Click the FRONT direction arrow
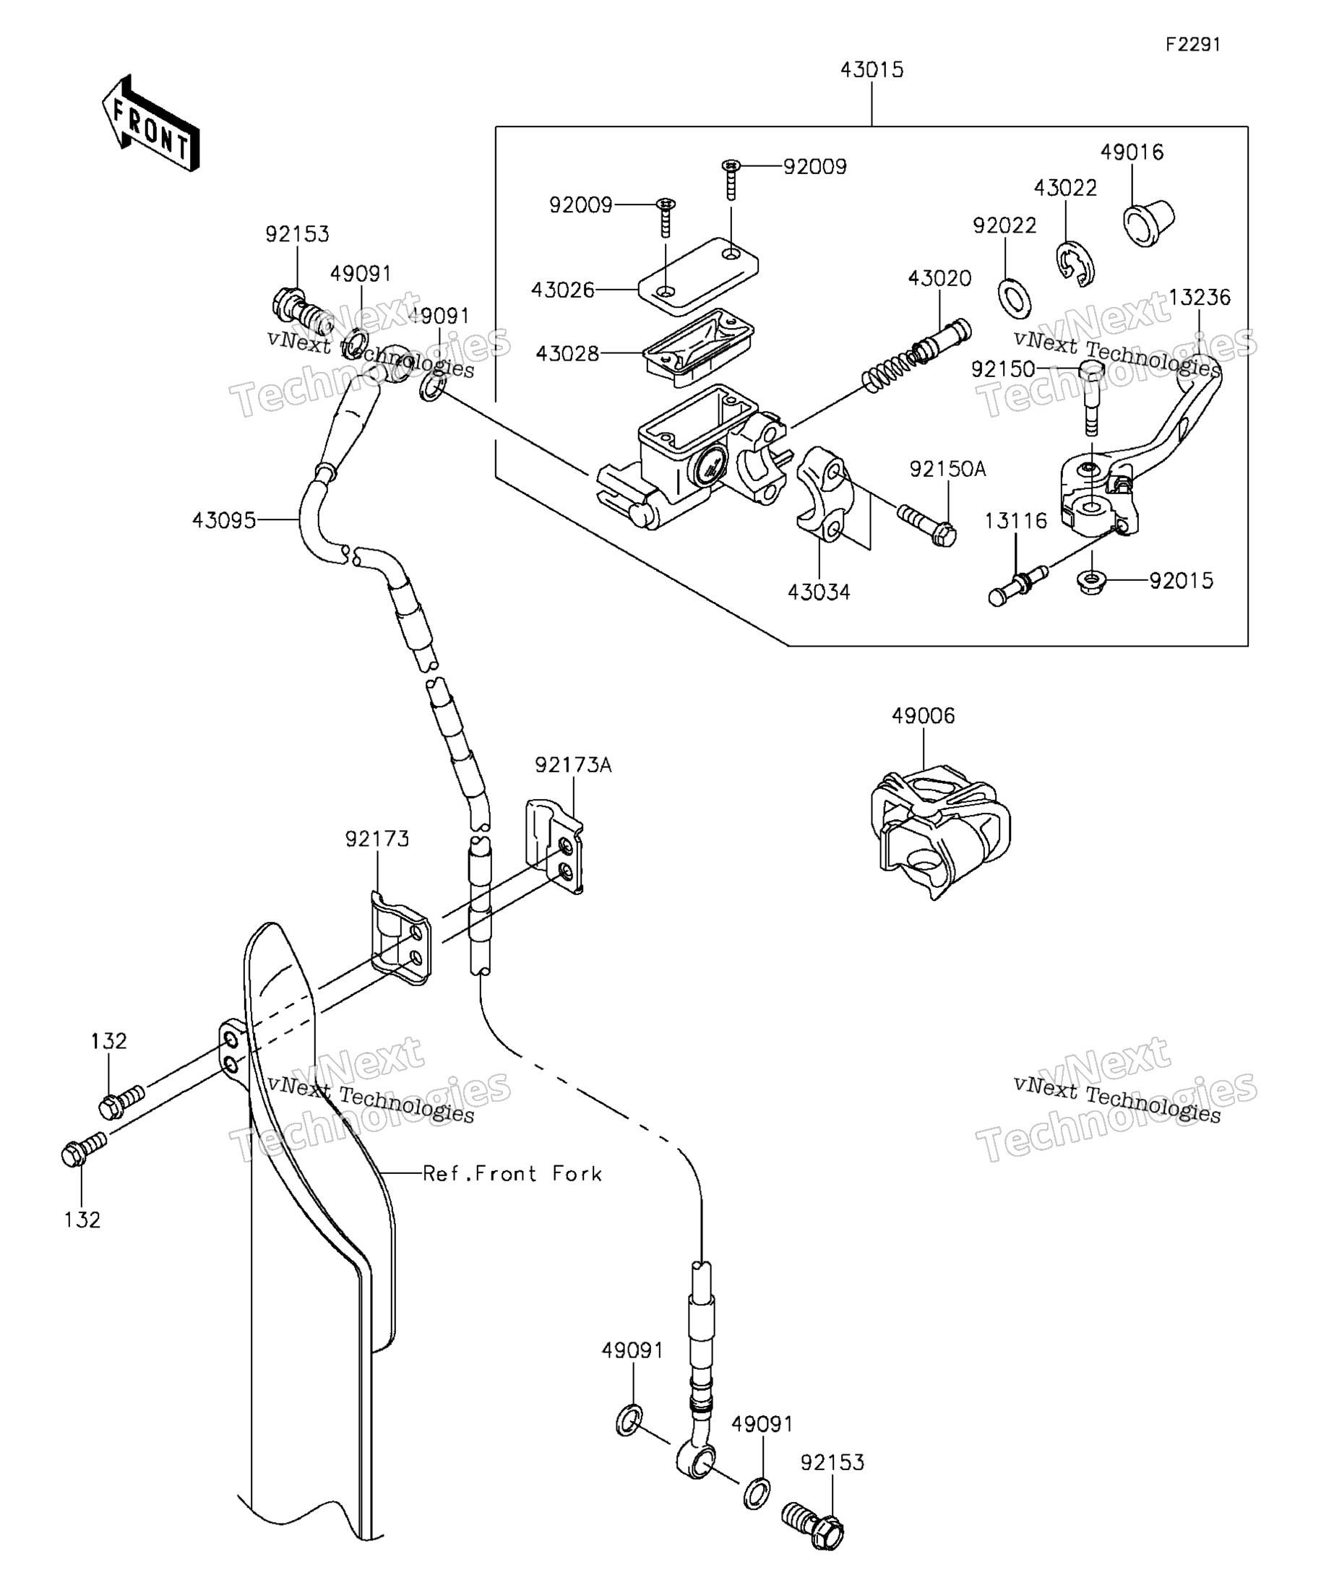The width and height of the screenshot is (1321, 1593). click(x=150, y=123)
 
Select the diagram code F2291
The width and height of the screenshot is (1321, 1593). click(x=1193, y=45)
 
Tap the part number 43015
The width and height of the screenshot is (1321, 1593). click(x=872, y=70)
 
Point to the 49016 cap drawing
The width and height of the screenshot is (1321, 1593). click(x=1148, y=222)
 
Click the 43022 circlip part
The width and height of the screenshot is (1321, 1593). click(x=1075, y=264)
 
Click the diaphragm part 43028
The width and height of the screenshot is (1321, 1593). click(x=698, y=347)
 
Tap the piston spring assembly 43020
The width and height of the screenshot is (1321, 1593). click(x=916, y=355)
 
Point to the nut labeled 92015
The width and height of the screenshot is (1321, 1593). click(x=1091, y=583)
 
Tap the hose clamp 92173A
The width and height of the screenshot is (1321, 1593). click(x=555, y=846)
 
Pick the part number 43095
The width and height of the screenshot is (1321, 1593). click(x=224, y=520)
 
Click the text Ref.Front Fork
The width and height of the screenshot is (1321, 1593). click(x=512, y=1174)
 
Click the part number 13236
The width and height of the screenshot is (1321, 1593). click(x=1200, y=298)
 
